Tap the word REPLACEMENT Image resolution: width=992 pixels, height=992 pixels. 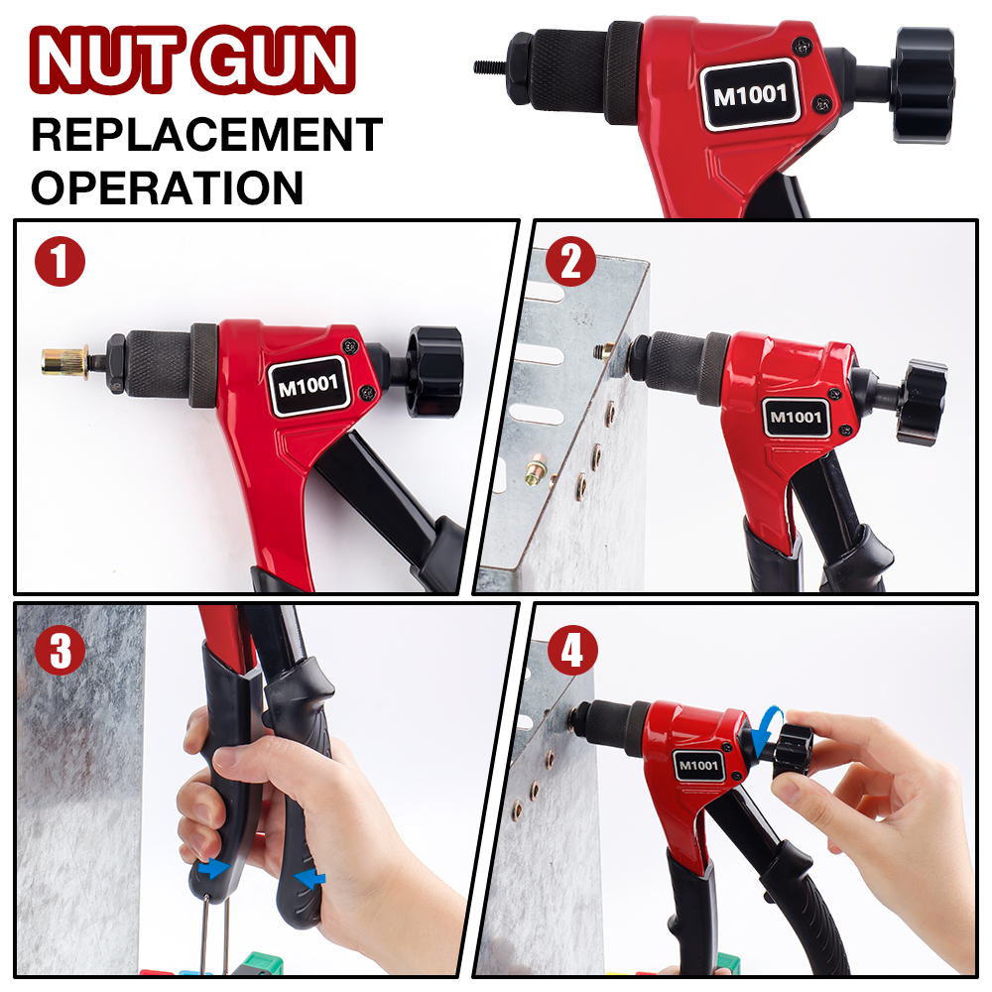click(206, 135)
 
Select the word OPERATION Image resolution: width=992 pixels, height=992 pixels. click(167, 187)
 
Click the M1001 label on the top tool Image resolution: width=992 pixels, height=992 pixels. click(749, 96)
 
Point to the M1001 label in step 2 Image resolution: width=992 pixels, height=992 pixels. click(797, 417)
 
